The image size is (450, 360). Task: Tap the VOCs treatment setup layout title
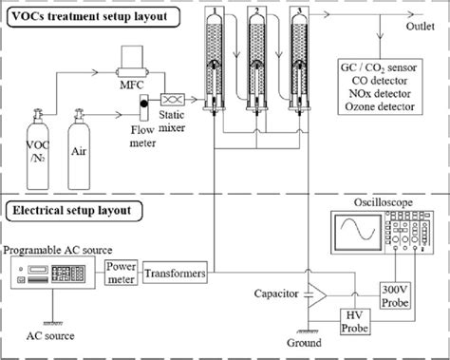coord(80,14)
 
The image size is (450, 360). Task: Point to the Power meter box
coord(121,273)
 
